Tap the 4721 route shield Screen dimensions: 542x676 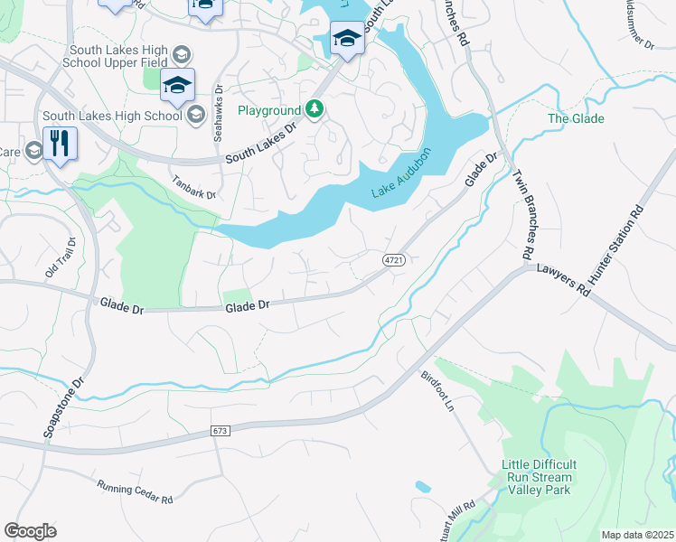pos(392,259)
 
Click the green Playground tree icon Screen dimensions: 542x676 pos(314,110)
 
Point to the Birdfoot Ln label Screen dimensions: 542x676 pos(437,390)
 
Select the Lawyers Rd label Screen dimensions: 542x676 pos(562,280)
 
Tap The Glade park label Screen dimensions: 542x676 pos(576,118)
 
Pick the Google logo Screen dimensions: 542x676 pos(30,530)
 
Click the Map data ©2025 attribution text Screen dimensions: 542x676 pos(637,535)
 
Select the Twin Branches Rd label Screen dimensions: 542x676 pos(521,217)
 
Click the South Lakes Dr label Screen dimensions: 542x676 pos(261,143)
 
